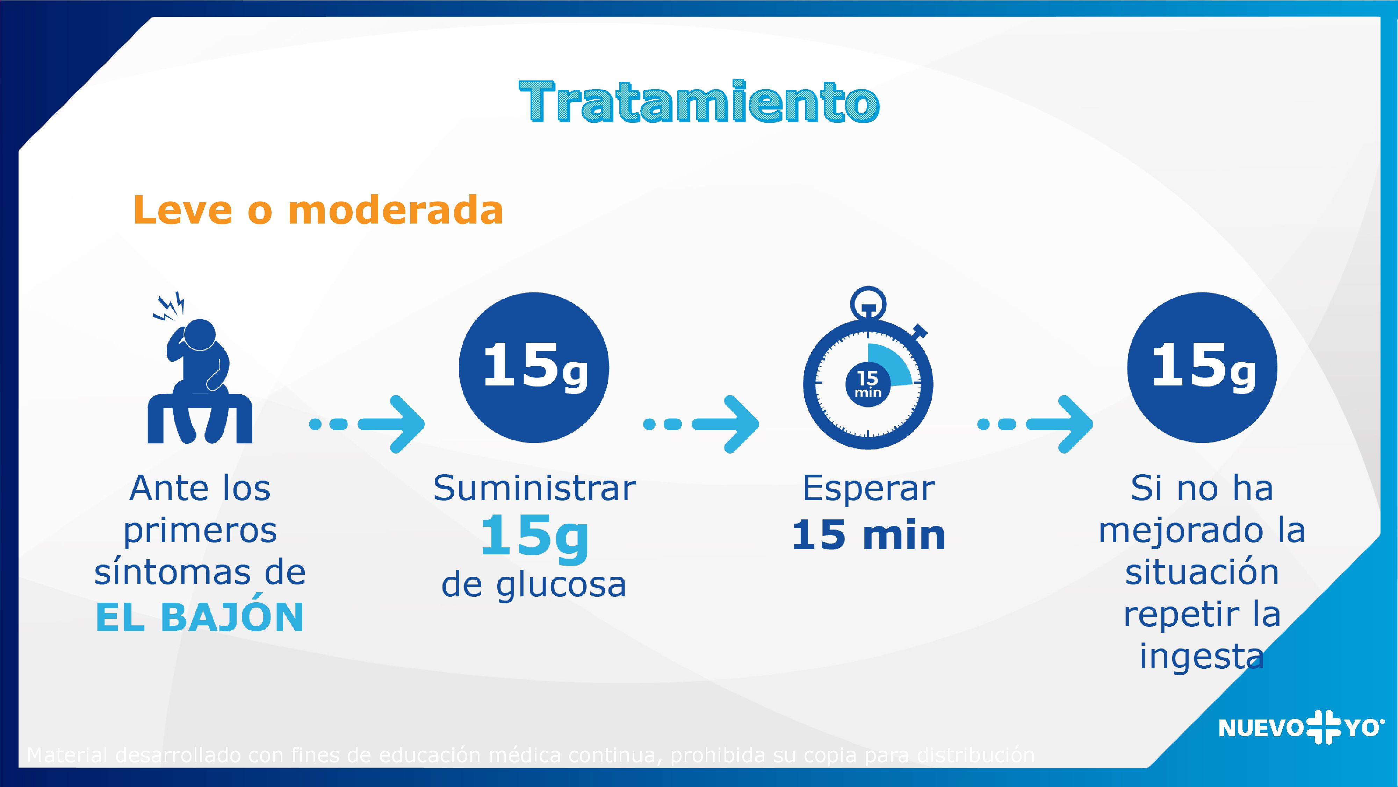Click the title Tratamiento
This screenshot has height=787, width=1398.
(x=699, y=102)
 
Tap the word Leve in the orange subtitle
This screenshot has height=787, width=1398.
(x=182, y=210)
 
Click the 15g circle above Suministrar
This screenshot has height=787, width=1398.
(x=534, y=368)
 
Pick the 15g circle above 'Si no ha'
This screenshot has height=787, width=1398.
(x=1202, y=368)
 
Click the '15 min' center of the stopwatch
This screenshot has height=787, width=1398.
(x=867, y=384)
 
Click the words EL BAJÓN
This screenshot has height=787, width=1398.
(x=200, y=618)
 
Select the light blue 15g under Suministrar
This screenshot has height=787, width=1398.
(x=535, y=537)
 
